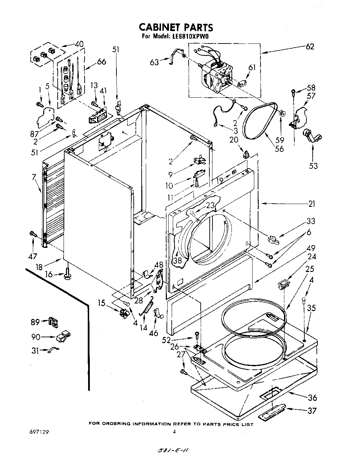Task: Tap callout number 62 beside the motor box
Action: [x=310, y=46]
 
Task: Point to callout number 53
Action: [x=313, y=166]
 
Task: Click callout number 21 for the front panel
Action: [x=312, y=204]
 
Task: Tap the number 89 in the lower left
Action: [x=35, y=322]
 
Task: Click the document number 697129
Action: [x=38, y=432]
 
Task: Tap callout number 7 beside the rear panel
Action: [x=34, y=177]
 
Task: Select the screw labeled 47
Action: [x=33, y=234]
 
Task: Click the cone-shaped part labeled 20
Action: [x=246, y=154]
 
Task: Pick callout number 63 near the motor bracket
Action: [x=154, y=62]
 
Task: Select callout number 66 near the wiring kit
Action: [x=101, y=62]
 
